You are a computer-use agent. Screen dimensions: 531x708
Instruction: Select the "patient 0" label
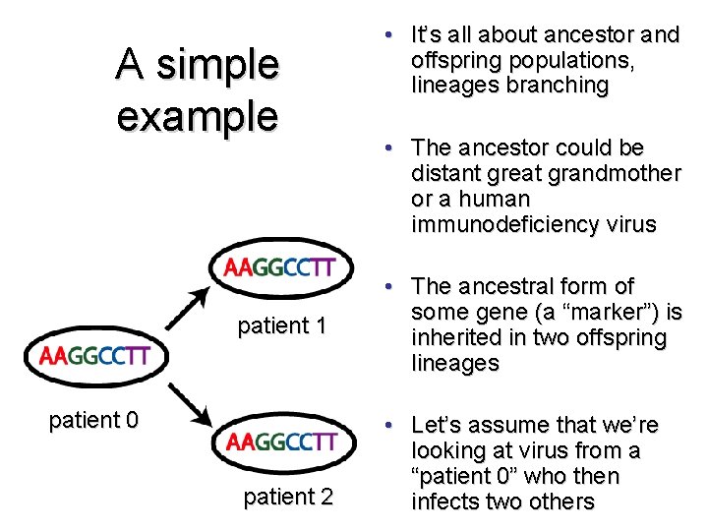point(93,421)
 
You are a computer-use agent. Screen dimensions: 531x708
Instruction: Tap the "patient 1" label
point(281,325)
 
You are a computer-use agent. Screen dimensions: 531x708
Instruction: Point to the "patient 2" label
point(288,497)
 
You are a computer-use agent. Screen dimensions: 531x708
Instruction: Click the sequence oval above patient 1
point(280,267)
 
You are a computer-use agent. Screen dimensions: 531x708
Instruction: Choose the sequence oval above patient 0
point(94,356)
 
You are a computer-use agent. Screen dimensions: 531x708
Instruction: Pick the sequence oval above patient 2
point(281,442)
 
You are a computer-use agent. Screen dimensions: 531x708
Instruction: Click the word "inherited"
point(459,338)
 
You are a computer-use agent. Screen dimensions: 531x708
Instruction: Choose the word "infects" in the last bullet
point(447,501)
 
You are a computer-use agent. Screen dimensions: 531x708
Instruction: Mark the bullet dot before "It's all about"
point(390,35)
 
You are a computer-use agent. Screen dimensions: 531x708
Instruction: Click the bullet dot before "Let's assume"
point(390,426)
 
